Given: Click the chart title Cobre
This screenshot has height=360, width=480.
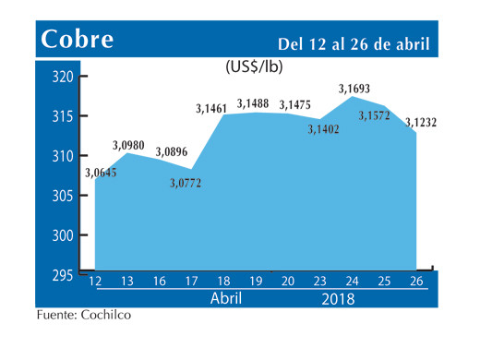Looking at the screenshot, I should pyautogui.click(x=78, y=40).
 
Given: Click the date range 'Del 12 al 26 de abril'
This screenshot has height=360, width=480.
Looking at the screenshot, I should pyautogui.click(x=355, y=43).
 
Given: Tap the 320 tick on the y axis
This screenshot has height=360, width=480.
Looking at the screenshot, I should pyautogui.click(x=63, y=78).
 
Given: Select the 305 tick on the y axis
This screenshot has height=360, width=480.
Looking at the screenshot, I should pyautogui.click(x=63, y=196).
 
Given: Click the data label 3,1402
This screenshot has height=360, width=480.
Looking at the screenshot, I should pyautogui.click(x=325, y=130).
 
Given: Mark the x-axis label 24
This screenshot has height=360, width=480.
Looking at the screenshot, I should pyautogui.click(x=352, y=282).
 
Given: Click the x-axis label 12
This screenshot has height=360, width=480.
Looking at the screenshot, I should pyautogui.click(x=94, y=282).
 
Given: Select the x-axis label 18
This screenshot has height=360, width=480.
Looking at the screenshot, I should pyautogui.click(x=223, y=282).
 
